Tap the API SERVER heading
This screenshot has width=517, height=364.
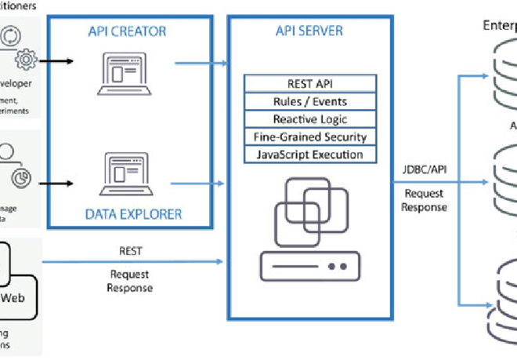point(309,31)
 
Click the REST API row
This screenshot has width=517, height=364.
point(309,83)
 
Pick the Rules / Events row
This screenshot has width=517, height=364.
point(309,101)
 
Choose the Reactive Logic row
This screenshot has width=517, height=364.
point(309,119)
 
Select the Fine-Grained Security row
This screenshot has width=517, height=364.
point(309,136)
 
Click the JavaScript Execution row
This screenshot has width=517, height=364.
point(309,155)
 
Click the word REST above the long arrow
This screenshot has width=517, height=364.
point(130,253)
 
